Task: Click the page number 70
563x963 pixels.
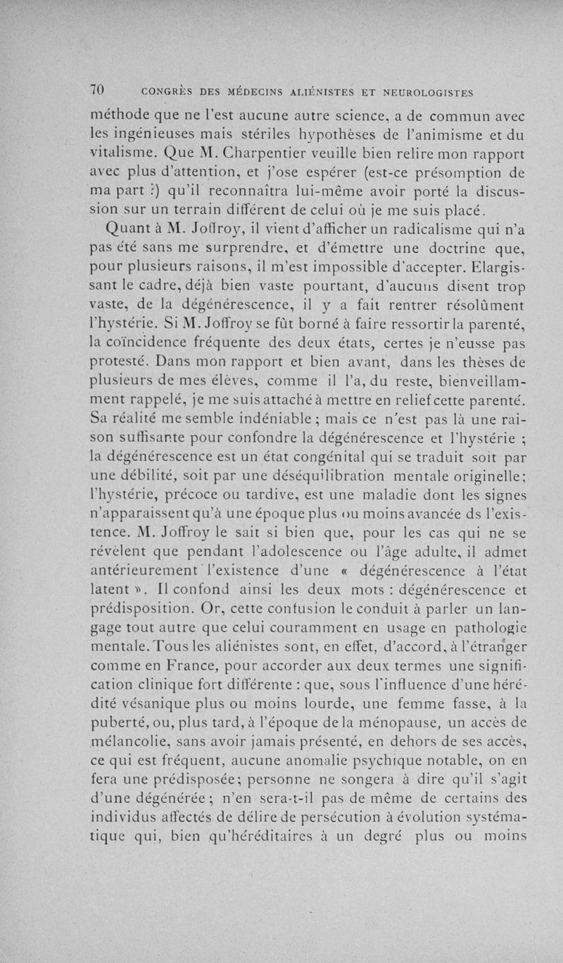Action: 98,89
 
